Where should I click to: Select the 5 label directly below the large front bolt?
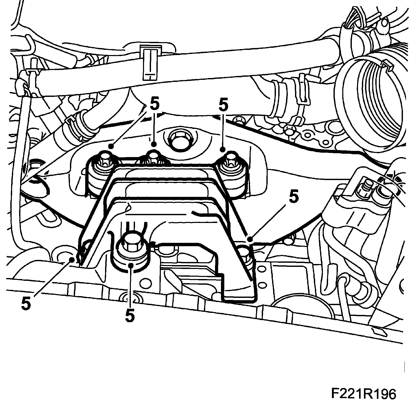click(x=130, y=315)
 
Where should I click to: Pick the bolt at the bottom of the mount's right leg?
click(x=245, y=252)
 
